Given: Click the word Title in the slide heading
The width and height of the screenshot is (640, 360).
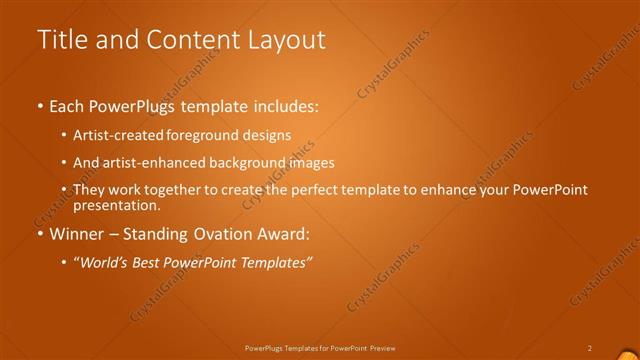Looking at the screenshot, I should point(61,40).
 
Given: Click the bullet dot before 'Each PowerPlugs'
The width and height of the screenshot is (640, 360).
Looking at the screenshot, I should point(39,105).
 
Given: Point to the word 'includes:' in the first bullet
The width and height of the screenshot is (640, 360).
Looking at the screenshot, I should point(284,105).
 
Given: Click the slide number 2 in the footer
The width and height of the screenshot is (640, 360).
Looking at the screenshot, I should point(590,347).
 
